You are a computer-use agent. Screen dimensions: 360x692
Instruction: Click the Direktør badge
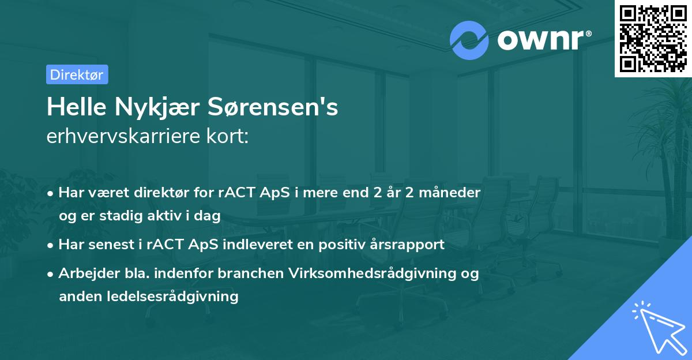[77, 74]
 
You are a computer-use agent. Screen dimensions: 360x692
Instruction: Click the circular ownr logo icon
[469, 40]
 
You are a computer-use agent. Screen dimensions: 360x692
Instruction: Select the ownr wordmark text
[543, 40]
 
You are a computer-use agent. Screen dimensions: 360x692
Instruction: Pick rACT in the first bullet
[233, 192]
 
